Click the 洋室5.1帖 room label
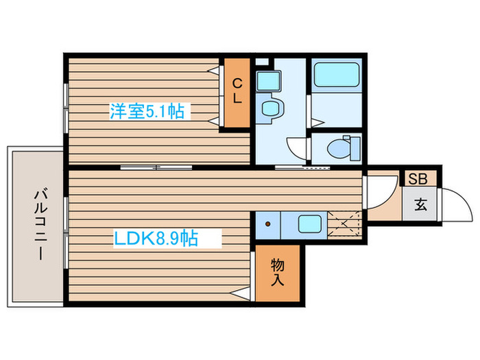click(x=147, y=112)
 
